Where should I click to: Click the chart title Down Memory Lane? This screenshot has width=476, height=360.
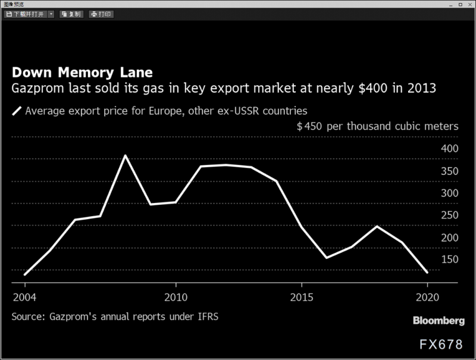(x=82, y=73)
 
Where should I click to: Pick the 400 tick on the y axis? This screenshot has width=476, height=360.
(x=449, y=148)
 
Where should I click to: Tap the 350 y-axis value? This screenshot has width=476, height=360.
(x=449, y=171)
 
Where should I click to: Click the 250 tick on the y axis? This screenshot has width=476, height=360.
(x=449, y=215)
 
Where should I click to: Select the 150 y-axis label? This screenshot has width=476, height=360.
(x=449, y=259)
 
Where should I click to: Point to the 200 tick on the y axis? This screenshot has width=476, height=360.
(x=449, y=237)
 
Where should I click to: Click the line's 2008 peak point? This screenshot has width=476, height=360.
(x=125, y=156)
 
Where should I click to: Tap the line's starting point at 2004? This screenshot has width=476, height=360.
(x=24, y=274)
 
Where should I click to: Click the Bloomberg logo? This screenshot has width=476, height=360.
(x=439, y=321)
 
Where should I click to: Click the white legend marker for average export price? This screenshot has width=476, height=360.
(x=17, y=111)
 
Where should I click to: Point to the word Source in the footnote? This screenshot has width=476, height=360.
(x=26, y=316)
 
